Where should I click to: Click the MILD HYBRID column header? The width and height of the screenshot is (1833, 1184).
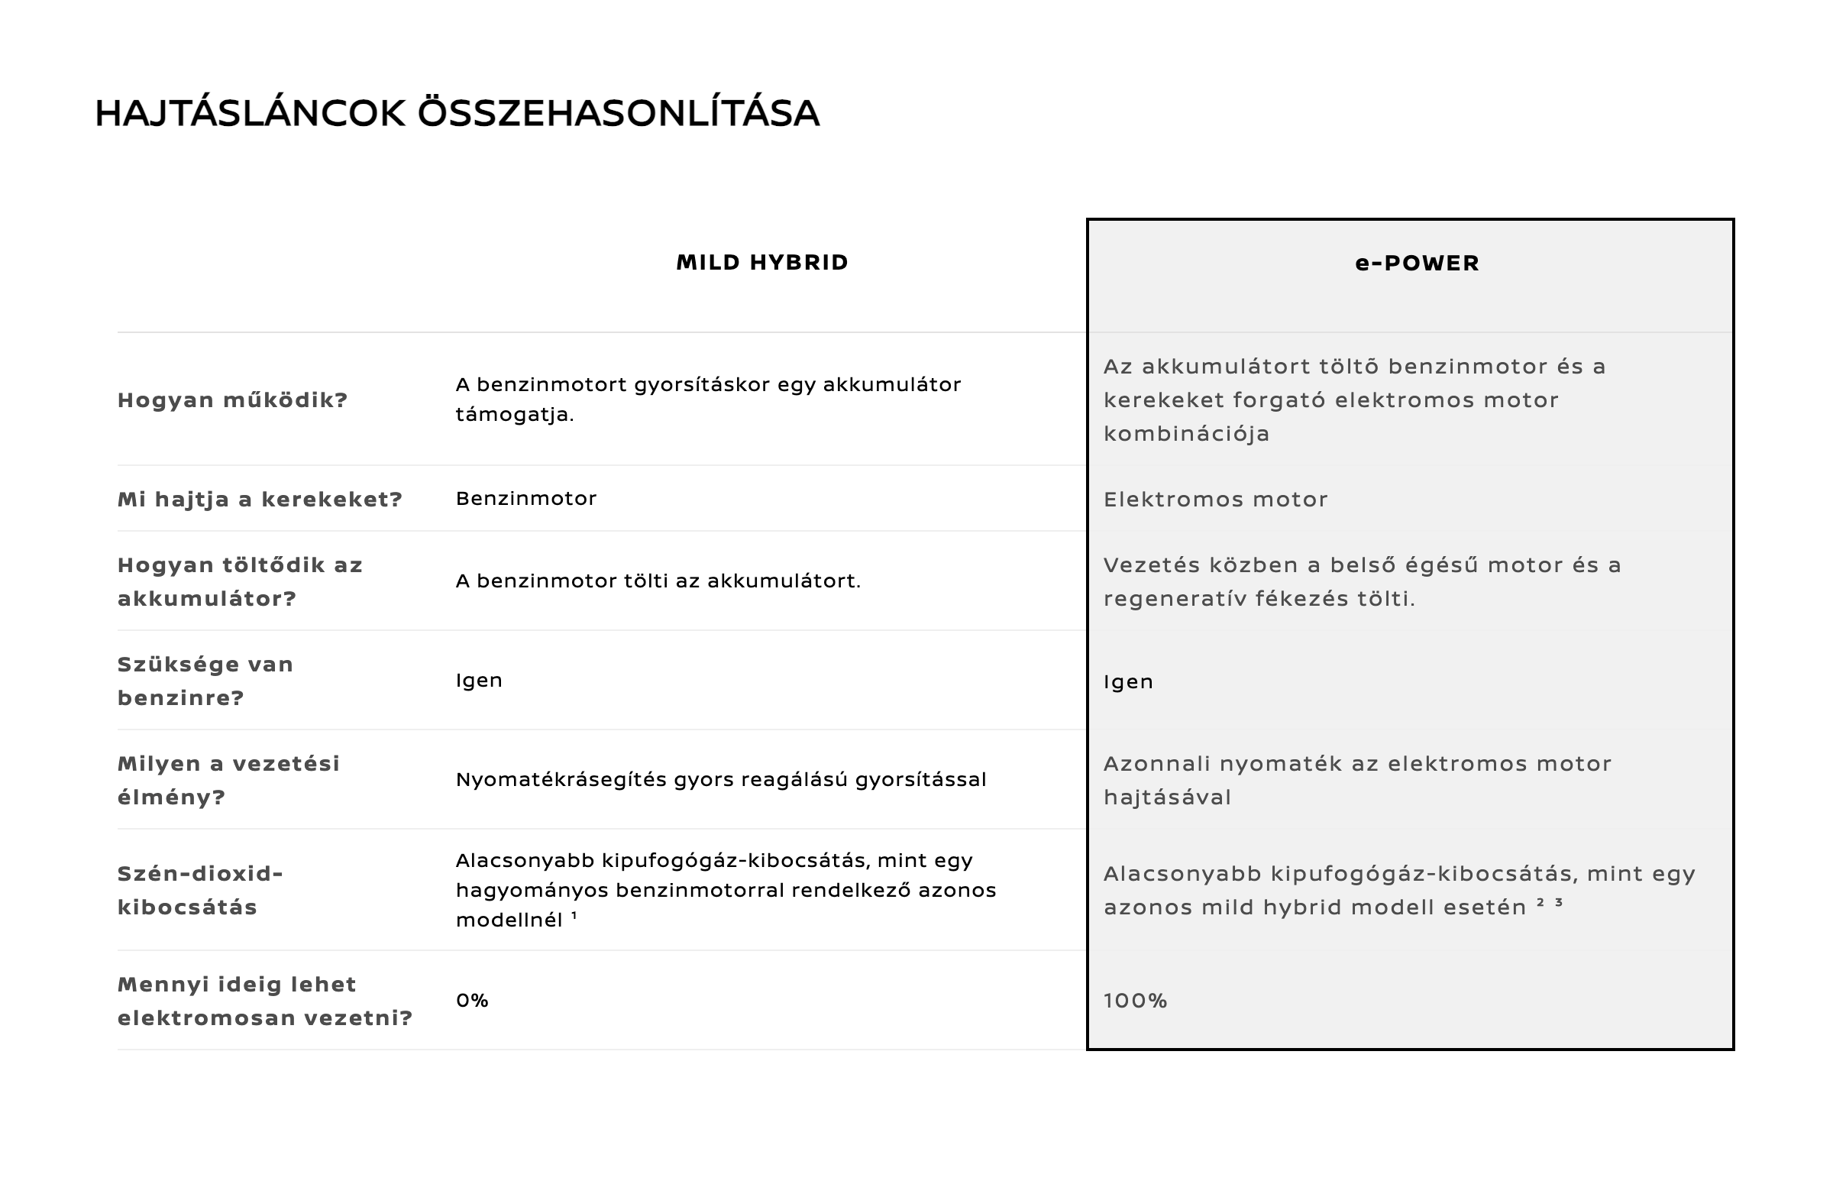761,263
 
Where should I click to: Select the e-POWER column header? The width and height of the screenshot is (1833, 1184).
1417,264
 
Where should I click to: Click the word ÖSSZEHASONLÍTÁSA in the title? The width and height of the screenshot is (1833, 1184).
618,114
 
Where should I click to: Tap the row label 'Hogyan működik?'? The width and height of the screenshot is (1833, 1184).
232,400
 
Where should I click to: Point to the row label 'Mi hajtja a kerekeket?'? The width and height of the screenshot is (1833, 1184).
260,500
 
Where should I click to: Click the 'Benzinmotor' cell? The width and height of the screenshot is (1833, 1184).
525,499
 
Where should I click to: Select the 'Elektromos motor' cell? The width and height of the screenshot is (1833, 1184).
1215,500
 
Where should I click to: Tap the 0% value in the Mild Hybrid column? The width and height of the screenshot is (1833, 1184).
472,1000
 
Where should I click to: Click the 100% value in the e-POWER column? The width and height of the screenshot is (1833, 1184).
1135,1001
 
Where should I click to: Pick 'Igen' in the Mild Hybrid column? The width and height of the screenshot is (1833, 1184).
479,681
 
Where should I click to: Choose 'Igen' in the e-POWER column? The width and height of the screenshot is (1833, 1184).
1128,682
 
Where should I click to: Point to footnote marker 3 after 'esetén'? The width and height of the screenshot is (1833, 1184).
1559,903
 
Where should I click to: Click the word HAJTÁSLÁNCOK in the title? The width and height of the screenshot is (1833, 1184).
250,114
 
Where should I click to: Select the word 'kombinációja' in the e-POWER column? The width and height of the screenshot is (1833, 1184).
1186,435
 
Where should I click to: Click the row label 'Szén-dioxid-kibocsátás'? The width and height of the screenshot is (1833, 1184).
200,891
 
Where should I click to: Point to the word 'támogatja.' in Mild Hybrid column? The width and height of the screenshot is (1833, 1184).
514,416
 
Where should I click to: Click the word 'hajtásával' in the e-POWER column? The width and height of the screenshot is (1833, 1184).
1167,797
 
